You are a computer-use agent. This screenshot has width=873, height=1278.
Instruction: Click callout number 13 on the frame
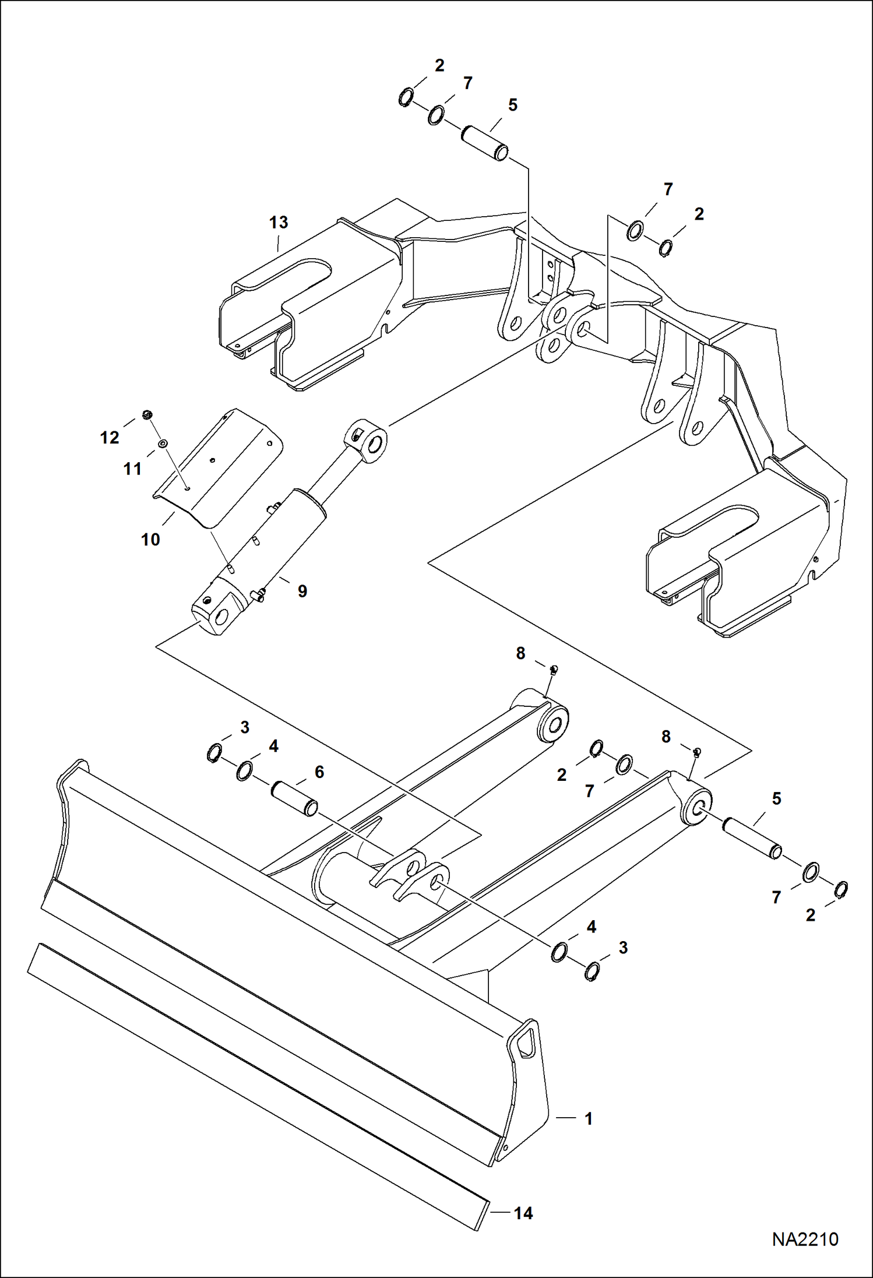click(279, 223)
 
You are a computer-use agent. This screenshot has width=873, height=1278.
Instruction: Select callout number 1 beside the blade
click(589, 1118)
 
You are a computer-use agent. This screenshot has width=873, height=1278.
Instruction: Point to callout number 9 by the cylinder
click(302, 592)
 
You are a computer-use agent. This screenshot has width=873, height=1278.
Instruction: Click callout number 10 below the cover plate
click(150, 540)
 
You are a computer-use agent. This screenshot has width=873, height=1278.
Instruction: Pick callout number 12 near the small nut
click(110, 438)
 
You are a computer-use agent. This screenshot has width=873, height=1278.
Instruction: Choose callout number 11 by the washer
click(132, 469)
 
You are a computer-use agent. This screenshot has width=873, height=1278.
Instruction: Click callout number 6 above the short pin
click(319, 772)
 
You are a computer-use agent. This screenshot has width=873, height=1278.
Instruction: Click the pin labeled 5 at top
click(485, 143)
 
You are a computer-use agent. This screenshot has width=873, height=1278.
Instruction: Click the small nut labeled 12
click(147, 414)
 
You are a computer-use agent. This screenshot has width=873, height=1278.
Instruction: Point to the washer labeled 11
click(163, 445)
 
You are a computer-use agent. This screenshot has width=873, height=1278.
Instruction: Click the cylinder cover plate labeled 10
click(221, 466)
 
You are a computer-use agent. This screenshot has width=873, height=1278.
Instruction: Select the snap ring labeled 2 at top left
click(406, 97)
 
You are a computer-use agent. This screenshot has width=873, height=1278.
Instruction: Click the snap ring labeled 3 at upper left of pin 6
click(214, 753)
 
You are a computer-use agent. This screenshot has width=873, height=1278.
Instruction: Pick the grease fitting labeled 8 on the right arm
click(696, 751)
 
